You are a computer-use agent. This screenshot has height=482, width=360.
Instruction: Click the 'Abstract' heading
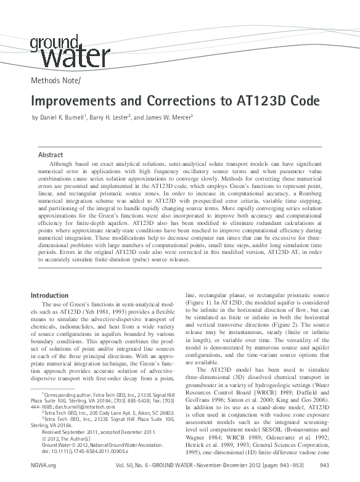pyautogui.click(x=50, y=154)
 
